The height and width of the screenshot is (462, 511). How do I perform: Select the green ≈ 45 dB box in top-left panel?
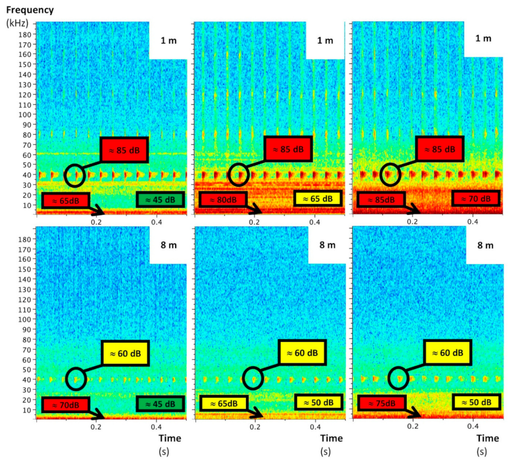pyautogui.click(x=160, y=200)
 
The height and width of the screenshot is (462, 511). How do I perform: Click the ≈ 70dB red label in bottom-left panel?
pyautogui.click(x=66, y=405)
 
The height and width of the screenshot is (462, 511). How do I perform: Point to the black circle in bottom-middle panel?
pyautogui.click(x=253, y=379)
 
